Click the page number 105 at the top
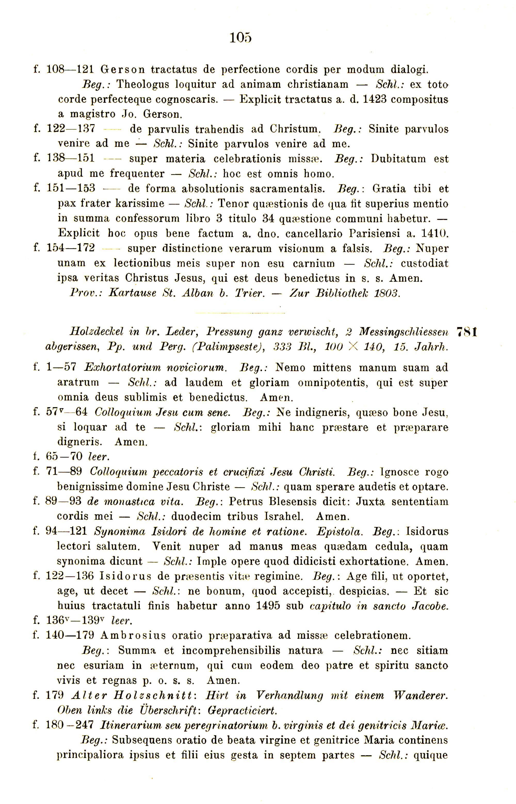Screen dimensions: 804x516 click(240, 38)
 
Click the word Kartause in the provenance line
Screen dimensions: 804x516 click(133, 294)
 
